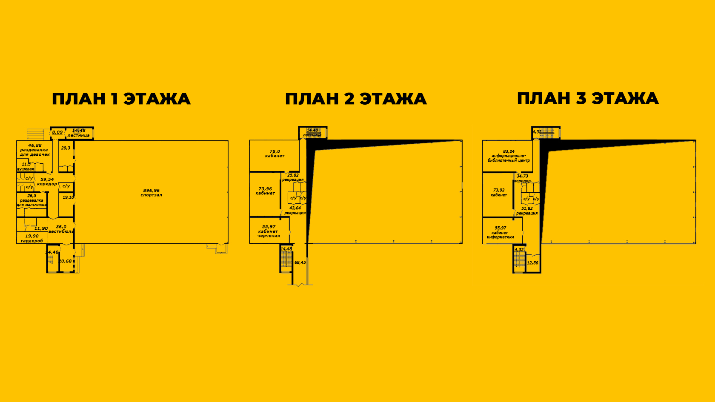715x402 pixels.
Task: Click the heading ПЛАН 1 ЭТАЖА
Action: (x=121, y=99)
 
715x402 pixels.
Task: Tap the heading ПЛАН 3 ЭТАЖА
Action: (x=588, y=98)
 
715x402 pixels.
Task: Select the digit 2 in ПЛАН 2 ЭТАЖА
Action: (x=349, y=99)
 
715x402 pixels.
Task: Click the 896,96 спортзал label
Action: (x=152, y=193)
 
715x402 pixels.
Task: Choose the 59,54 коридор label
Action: (x=47, y=182)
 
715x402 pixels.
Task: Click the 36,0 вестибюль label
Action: (x=61, y=229)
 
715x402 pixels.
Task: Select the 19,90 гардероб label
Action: (x=32, y=238)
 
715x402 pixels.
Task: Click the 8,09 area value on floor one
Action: (x=57, y=132)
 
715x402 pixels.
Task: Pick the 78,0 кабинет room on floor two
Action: (x=275, y=154)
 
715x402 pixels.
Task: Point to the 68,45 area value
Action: (x=300, y=262)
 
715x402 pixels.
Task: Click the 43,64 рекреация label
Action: (x=295, y=211)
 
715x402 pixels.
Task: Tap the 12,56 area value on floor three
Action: (x=532, y=263)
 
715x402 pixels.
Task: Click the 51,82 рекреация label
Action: (x=527, y=211)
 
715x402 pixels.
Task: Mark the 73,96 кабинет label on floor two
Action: (x=265, y=191)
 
